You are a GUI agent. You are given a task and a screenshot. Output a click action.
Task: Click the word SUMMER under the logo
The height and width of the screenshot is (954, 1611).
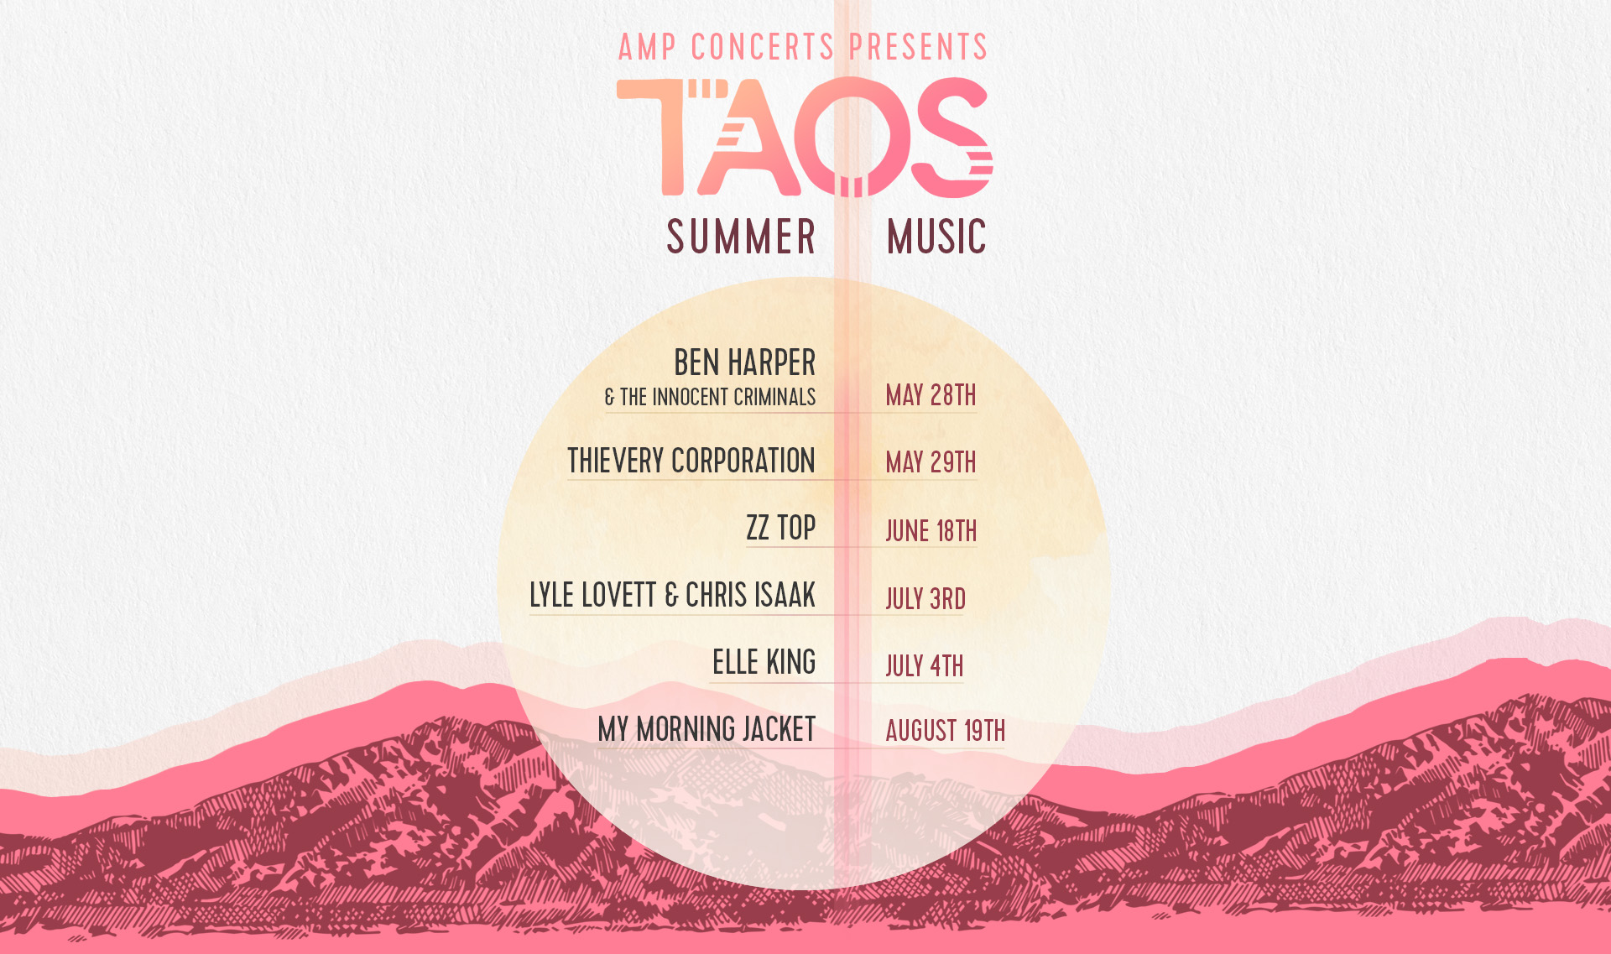point(741,237)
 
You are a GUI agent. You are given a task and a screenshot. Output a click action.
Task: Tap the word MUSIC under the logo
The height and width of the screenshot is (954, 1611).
point(936,237)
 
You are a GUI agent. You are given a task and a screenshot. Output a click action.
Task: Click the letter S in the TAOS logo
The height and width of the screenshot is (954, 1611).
point(951,138)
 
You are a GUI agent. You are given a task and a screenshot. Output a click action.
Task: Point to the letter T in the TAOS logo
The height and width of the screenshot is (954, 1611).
point(663,137)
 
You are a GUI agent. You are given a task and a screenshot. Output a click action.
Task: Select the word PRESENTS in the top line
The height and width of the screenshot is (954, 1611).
point(919,47)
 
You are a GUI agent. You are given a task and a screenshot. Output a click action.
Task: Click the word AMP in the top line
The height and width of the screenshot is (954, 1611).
point(647,47)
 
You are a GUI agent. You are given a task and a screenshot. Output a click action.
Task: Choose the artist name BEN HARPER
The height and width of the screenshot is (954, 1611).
point(745,362)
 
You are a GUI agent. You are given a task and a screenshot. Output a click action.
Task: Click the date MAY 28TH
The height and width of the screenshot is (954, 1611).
point(931,395)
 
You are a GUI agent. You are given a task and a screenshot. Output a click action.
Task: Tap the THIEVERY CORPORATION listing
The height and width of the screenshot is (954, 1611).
point(691,461)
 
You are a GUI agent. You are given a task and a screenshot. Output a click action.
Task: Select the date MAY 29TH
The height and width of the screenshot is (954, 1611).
point(931,462)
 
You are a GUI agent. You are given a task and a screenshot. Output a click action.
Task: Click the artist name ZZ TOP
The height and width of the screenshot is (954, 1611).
point(781,528)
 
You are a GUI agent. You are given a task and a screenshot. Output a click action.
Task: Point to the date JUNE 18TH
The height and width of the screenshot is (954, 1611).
point(931,531)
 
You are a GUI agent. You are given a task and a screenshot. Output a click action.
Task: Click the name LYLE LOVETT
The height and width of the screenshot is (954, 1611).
point(593,595)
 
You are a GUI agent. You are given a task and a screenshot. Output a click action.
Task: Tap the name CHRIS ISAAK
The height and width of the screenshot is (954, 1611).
point(751,595)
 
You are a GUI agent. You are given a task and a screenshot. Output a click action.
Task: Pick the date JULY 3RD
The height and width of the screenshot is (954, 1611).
point(925,599)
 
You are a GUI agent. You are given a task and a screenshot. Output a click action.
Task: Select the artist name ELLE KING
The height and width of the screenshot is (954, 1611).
point(764,662)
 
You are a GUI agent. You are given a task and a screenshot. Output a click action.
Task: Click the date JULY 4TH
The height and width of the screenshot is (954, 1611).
point(925,666)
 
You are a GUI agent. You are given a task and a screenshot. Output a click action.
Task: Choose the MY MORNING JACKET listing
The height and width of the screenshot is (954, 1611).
point(706,729)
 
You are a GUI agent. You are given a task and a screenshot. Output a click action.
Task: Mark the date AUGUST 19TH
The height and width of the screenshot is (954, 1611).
point(946,731)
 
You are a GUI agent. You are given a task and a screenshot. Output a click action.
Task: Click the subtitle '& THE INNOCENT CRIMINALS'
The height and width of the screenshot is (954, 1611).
point(710,397)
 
